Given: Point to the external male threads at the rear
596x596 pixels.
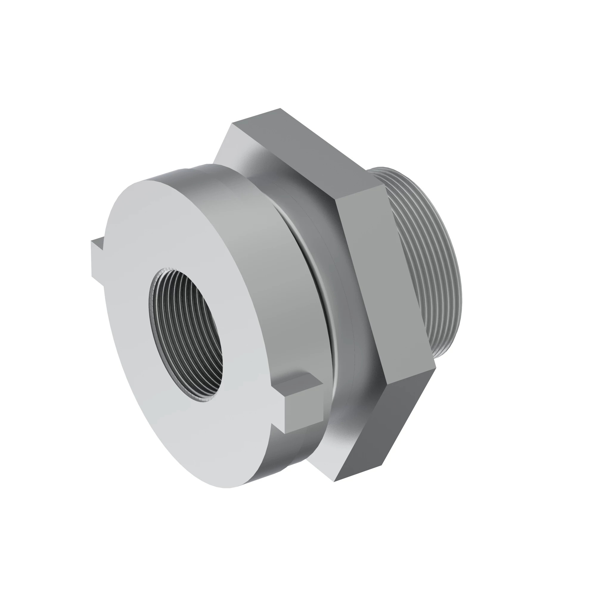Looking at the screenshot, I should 432,262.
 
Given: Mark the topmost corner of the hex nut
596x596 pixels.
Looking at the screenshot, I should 280,108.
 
